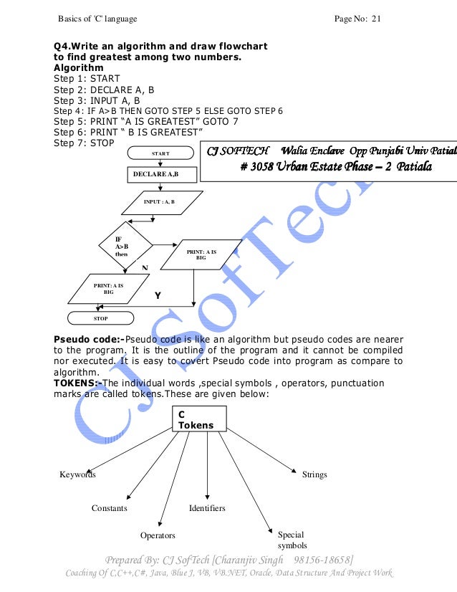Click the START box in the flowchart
(160, 153)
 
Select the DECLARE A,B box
(159, 175)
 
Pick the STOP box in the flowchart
(100, 316)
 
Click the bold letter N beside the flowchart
(144, 267)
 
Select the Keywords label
(78, 474)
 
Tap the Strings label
(314, 474)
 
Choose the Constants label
(110, 508)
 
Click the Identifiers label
(207, 508)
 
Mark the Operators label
(158, 535)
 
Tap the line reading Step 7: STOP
(85, 143)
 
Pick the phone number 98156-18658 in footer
(321, 559)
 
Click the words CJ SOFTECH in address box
(238, 151)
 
